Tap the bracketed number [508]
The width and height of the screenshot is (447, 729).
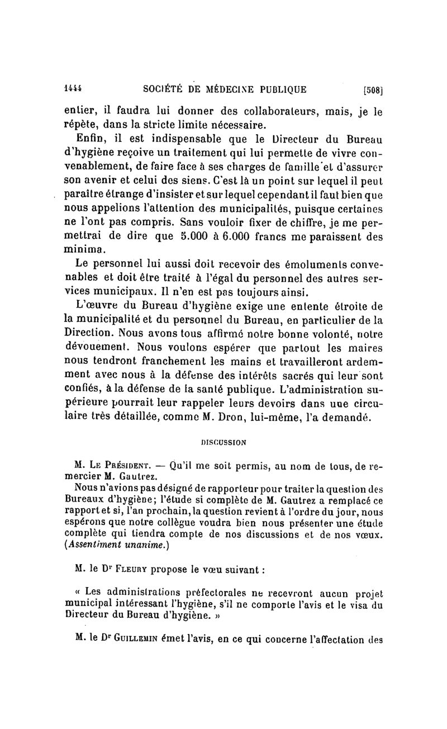click(x=373, y=88)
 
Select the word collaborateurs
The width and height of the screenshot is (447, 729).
click(x=273, y=112)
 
